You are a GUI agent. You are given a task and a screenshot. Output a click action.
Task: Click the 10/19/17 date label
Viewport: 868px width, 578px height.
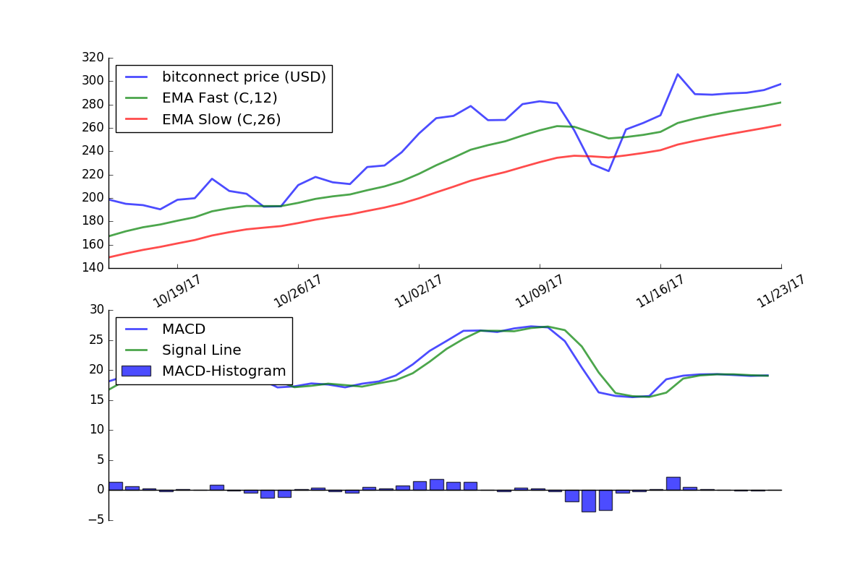click(x=176, y=291)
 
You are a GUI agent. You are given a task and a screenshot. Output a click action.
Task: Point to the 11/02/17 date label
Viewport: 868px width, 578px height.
click(x=418, y=291)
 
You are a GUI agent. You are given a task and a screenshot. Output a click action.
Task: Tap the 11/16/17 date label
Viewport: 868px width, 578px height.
click(x=660, y=291)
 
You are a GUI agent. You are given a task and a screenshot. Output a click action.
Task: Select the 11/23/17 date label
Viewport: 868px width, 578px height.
click(x=780, y=291)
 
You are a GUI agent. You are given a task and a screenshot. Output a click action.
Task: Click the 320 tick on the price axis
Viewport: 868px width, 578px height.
click(x=94, y=58)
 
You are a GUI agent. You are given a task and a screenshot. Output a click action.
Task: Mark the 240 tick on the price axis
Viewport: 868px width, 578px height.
click(x=94, y=151)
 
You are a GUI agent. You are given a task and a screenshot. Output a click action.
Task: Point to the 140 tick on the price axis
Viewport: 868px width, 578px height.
click(x=94, y=267)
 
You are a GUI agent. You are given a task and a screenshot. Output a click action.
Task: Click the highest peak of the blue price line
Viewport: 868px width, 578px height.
click(x=678, y=74)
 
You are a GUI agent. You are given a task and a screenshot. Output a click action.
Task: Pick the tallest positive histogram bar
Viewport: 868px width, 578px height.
click(x=673, y=483)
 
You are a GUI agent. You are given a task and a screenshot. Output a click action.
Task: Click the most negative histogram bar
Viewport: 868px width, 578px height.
click(x=589, y=501)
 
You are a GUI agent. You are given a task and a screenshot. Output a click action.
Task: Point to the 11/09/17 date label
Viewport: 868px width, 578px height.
click(x=539, y=291)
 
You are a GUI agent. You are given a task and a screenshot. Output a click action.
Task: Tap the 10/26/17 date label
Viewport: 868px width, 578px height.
click(x=297, y=291)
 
